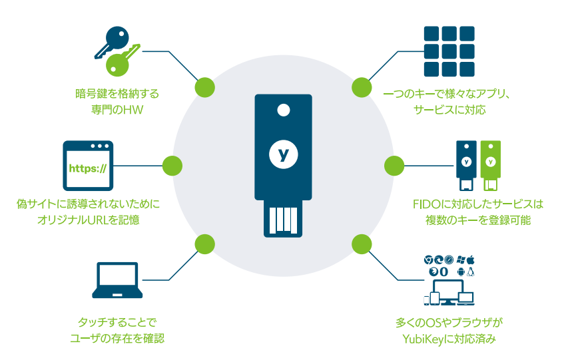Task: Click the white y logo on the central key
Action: pos(284,154)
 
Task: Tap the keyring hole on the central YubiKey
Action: pos(284,110)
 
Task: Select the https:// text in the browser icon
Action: pos(88,166)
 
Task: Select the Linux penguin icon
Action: pos(471,272)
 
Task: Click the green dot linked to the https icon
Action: pos(172,165)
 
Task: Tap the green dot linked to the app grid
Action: pos(361,87)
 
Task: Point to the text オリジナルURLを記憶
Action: pos(89,218)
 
